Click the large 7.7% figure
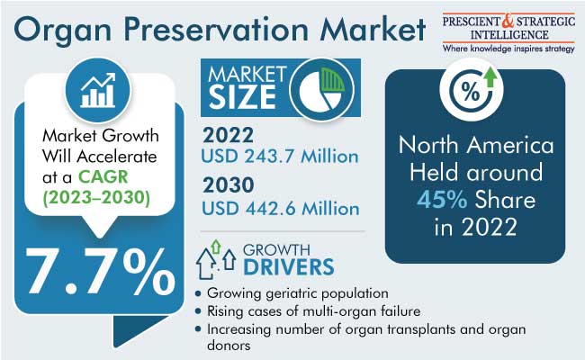click(x=100, y=271)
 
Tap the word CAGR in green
click(x=103, y=176)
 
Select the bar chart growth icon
click(x=98, y=90)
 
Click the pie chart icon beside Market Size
click(x=321, y=89)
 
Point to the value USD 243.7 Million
click(x=280, y=157)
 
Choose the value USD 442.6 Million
click(x=281, y=208)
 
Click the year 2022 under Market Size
click(x=228, y=135)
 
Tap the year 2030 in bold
click(x=229, y=185)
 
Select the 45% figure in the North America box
click(x=442, y=200)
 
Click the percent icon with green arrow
click(x=472, y=89)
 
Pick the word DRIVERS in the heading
click(x=289, y=267)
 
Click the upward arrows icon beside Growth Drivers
click(x=216, y=259)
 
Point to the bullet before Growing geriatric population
click(x=198, y=293)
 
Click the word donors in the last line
click(x=229, y=346)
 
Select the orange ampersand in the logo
click(x=508, y=21)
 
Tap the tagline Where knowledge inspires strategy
click(x=508, y=49)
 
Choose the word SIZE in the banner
click(x=242, y=97)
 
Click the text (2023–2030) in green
click(x=96, y=197)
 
